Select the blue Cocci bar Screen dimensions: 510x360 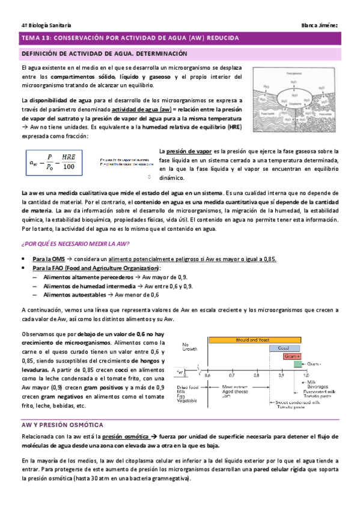tap(284, 348)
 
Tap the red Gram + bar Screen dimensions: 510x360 tap(293, 356)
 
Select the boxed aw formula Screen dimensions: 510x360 tap(52, 162)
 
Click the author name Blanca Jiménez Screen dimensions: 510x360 tap(322, 25)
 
